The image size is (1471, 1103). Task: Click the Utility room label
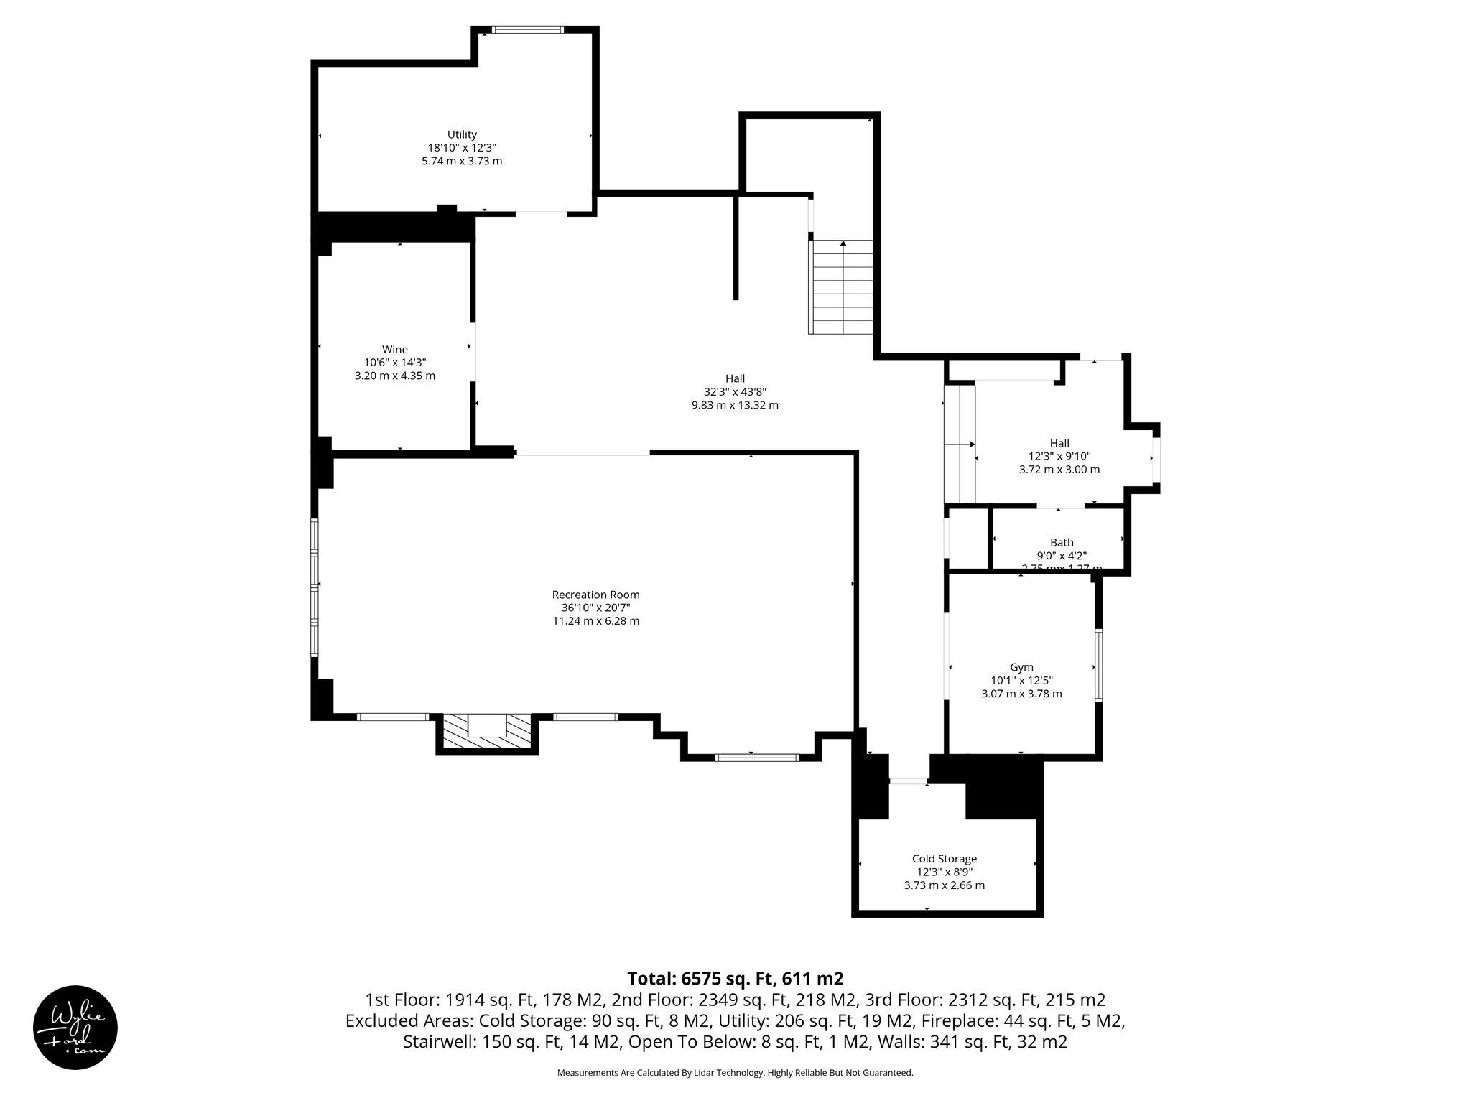pos(462,134)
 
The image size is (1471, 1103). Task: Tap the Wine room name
pos(395,350)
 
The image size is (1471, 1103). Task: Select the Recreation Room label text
pos(595,595)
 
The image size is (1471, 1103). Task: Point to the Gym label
pos(1021,667)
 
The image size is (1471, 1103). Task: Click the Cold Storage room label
pos(944,859)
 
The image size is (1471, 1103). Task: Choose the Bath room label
pos(1062,543)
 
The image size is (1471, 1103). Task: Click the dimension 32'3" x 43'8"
pos(735,392)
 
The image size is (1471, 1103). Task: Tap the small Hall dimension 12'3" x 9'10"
pos(1059,456)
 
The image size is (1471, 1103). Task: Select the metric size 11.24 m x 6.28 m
pos(595,621)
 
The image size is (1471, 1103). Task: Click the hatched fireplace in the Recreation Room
pos(486,732)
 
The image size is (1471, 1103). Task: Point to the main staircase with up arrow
pos(842,287)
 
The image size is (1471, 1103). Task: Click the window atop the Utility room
pos(528,30)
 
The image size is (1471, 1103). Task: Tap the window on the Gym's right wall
pos(1098,664)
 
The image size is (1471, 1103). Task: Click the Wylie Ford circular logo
pos(75,1027)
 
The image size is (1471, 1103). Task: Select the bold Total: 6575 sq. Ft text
pos(735,979)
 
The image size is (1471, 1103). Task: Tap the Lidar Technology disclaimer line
pos(735,1073)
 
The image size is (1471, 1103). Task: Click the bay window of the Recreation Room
pos(756,757)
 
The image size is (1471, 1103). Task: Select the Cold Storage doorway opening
pos(909,781)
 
